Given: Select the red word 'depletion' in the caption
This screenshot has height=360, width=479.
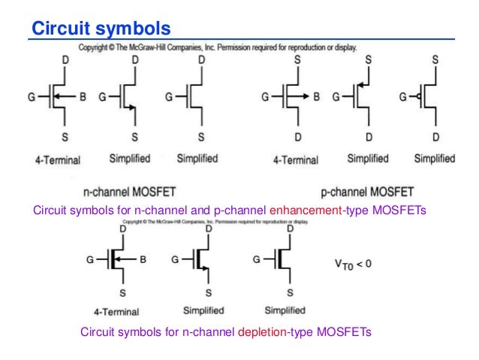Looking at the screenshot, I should click(264, 331).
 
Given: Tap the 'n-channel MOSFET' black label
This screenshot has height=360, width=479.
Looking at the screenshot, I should click(130, 191).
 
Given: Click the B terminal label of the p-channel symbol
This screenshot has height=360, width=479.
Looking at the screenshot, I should click(316, 97).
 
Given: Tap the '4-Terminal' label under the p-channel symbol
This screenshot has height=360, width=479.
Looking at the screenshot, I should click(295, 160).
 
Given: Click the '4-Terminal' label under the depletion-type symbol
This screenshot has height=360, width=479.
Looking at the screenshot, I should click(116, 310).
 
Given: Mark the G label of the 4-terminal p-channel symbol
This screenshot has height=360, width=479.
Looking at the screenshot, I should click(265, 97).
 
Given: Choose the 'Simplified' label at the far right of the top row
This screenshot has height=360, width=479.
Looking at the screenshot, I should click(434, 159).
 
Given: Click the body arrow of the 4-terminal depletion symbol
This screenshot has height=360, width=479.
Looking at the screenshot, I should click(128, 260).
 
